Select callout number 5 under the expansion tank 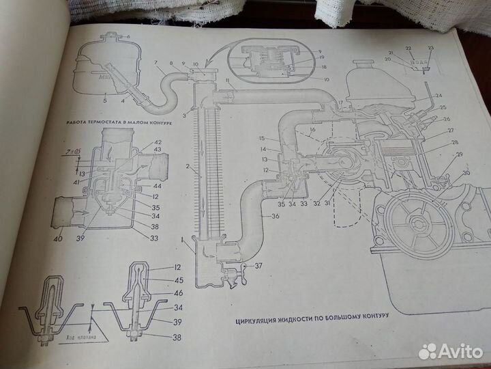[104, 100]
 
